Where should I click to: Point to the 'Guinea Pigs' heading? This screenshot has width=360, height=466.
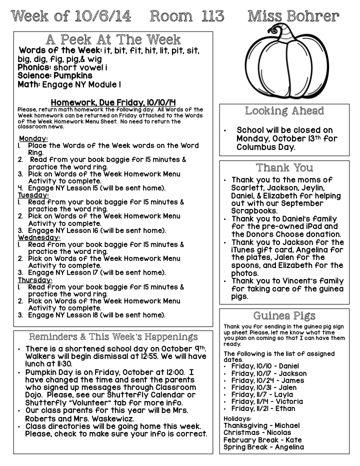[284, 315]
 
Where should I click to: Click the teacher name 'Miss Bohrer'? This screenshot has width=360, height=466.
[293, 16]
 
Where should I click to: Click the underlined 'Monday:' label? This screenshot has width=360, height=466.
[33, 138]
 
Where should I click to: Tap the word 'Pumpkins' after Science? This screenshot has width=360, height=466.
[69, 76]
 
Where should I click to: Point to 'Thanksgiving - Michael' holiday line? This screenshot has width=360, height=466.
[261, 425]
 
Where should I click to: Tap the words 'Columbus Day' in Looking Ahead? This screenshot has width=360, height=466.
[265, 147]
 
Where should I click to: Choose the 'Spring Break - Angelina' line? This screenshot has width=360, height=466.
[263, 447]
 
